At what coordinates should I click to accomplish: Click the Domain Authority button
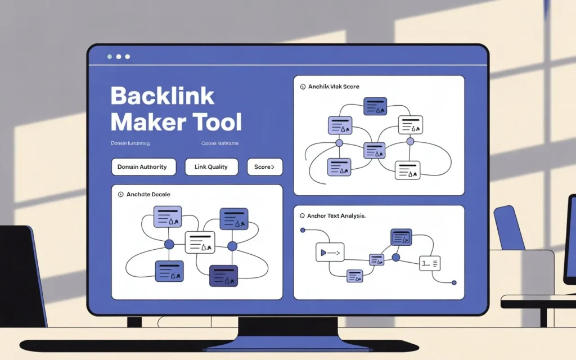pos(143,167)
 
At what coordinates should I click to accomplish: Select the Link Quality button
pos(211,167)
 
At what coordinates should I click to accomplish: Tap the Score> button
pos(264,167)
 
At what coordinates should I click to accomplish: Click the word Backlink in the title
pos(162,96)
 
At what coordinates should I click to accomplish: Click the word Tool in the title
pos(217,122)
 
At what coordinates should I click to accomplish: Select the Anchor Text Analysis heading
pos(336,216)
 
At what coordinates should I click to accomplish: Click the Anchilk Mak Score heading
pos(333,87)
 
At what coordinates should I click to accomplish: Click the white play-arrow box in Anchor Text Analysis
pos(329,253)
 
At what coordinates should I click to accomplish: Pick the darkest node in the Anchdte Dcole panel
pos(223,276)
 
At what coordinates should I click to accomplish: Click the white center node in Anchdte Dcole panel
pos(200,242)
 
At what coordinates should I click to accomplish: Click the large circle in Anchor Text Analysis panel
pos(395,257)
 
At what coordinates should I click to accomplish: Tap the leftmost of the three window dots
pos(109,57)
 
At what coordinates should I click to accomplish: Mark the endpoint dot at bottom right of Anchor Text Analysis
pos(454,282)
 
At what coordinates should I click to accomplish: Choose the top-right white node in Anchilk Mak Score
pos(411,125)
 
